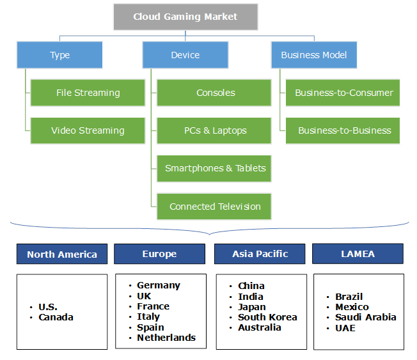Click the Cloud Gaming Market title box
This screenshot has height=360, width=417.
tap(185, 17)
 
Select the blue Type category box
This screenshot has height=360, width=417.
tap(59, 55)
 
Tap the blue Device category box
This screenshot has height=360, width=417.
tap(185, 55)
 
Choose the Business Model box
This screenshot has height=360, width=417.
tap(314, 55)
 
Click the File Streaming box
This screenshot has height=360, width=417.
tap(88, 93)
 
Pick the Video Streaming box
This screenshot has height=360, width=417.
tap(88, 130)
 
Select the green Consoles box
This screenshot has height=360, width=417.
tap(215, 93)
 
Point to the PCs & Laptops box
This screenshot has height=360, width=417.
tap(215, 130)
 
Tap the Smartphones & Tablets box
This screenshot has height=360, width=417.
tap(215, 168)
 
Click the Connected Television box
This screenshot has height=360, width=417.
tap(215, 207)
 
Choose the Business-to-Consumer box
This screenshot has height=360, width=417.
tap(343, 93)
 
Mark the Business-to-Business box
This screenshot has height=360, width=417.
tap(343, 130)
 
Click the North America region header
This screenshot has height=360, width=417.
tap(62, 254)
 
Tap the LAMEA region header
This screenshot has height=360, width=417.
tap(358, 254)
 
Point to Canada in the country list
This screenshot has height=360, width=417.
tap(56, 317)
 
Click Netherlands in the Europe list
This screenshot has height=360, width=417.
tap(166, 338)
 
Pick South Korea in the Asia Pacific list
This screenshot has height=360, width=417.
tap(267, 317)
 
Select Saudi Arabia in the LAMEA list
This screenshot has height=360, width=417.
tap(365, 317)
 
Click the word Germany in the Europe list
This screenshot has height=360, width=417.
tap(159, 285)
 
